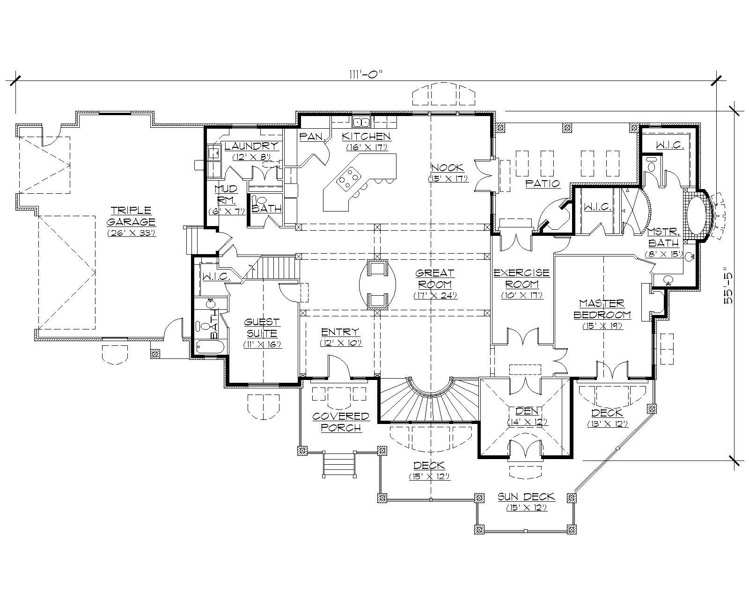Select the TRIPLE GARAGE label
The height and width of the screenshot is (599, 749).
pos(131,216)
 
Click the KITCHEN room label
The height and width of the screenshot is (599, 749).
pos(366,136)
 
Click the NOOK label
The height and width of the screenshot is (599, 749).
pos(448,168)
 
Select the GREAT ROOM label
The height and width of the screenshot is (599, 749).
pos(435,278)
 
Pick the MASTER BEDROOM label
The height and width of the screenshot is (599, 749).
pos(602,309)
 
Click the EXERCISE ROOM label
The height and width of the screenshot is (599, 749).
pos(521,278)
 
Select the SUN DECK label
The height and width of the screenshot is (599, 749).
pos(526,497)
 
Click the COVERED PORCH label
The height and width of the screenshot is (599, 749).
pos(341,422)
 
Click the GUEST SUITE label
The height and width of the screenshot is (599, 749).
pos(262,328)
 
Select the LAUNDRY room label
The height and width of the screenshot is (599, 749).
pos(251,146)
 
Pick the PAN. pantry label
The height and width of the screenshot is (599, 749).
pos(309,137)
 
